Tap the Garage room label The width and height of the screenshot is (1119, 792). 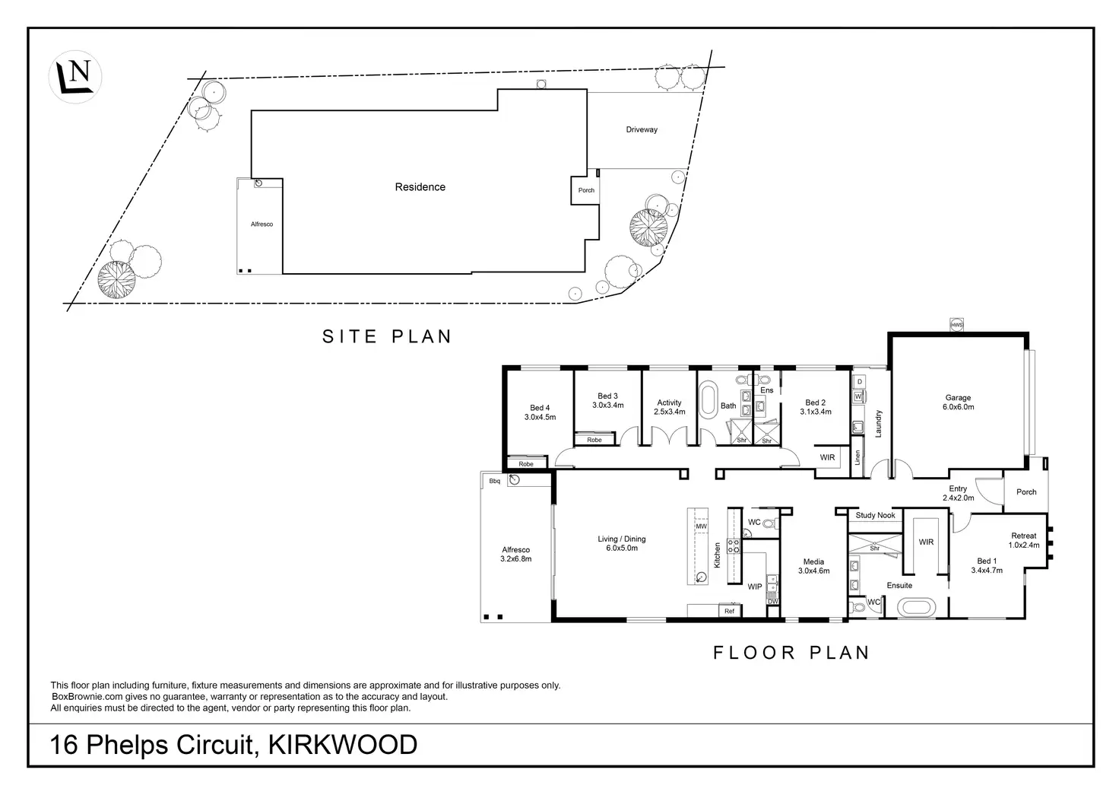point(958,402)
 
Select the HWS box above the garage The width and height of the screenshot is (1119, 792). point(956,325)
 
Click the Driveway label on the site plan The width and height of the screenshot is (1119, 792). point(642,130)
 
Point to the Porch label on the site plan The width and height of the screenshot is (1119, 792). point(586,190)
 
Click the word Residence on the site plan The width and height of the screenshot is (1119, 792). point(420,187)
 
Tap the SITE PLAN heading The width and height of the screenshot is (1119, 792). point(387,336)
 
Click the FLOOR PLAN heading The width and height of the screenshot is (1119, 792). point(791,652)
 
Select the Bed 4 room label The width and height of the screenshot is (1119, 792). point(540,412)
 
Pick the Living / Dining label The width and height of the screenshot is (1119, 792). point(621,543)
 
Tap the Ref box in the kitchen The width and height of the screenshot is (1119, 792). point(729,611)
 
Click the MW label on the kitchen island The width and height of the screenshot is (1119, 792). point(701,526)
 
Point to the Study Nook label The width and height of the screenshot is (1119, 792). point(875,516)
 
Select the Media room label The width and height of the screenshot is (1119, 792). point(813,566)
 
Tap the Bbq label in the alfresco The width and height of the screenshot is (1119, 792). point(494,481)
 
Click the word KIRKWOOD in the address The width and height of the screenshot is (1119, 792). point(343,744)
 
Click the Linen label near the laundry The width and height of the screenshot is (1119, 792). point(857,457)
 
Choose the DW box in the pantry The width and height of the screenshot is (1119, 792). point(772,601)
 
